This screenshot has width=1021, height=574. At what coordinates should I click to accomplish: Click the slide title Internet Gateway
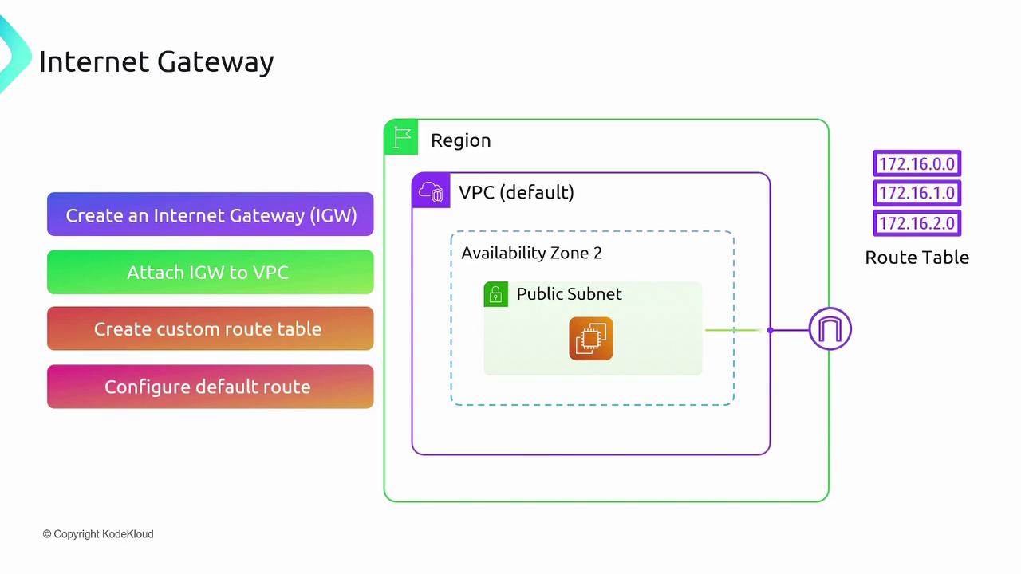[x=156, y=61]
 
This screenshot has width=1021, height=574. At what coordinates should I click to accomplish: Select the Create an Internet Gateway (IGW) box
[x=211, y=214]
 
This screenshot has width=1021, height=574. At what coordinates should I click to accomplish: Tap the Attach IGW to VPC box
[x=211, y=272]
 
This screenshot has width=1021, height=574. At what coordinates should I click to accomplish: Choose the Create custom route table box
[x=211, y=328]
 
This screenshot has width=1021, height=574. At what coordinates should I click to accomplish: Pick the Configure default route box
[x=211, y=387]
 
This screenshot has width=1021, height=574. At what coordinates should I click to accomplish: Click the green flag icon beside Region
[x=402, y=138]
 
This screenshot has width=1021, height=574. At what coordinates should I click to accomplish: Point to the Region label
[x=460, y=140]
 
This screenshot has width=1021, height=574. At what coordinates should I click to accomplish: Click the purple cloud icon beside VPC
[x=431, y=192]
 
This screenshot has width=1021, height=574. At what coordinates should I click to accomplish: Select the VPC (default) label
[x=516, y=192]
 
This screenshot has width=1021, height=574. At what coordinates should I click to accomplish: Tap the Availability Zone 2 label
[x=531, y=253]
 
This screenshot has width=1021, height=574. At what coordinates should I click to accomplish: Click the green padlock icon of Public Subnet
[x=495, y=294]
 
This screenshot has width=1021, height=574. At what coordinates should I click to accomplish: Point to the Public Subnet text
[x=569, y=294]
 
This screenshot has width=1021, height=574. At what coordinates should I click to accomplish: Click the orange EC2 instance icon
[x=591, y=339]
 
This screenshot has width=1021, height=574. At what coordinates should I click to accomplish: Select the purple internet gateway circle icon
[x=830, y=329]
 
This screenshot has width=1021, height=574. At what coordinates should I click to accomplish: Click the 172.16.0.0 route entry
[x=917, y=164]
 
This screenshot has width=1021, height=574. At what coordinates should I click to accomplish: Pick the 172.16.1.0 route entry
[x=917, y=194]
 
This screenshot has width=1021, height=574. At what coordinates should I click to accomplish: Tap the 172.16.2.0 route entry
[x=917, y=223]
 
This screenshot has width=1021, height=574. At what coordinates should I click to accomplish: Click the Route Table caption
[x=917, y=258]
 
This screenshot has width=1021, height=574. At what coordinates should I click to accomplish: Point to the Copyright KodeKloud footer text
[x=98, y=534]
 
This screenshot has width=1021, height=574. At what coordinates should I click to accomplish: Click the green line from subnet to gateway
[x=734, y=329]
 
